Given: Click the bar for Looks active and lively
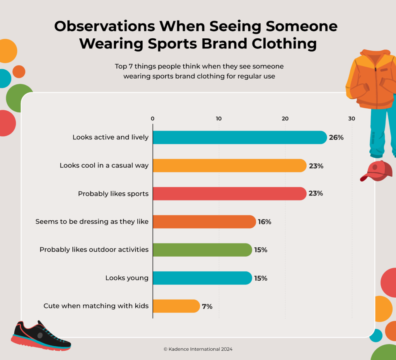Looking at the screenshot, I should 240,137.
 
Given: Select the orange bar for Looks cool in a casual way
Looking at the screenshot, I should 230,166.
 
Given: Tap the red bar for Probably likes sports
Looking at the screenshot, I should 230,194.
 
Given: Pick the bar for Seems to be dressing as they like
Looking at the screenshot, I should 204,222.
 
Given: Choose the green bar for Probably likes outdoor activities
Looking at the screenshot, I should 202,250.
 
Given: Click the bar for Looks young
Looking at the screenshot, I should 202,278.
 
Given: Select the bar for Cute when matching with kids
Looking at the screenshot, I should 176,306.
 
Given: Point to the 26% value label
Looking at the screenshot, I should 336,137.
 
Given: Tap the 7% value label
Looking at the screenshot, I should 207,307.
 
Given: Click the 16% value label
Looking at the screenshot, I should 265,222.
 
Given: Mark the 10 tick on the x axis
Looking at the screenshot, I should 219,118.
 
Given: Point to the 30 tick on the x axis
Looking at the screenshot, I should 352,118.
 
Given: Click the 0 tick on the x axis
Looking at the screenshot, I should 153,118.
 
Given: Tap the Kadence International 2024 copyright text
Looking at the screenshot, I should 198,349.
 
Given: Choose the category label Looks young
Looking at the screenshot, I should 127,278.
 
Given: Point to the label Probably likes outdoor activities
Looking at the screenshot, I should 94,250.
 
